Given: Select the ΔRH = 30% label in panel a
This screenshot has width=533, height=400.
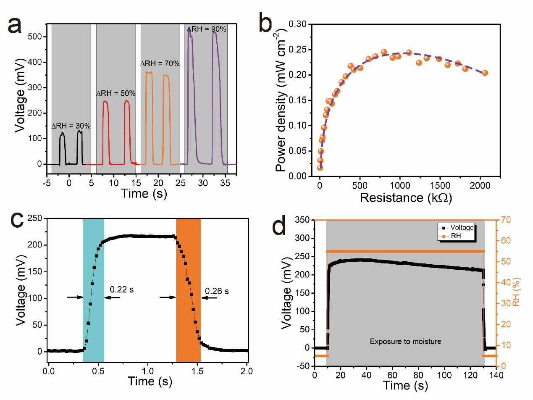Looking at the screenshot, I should click(71, 126).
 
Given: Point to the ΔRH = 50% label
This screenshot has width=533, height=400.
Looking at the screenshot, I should click(116, 93).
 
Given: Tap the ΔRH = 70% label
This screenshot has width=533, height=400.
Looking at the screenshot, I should click(160, 63).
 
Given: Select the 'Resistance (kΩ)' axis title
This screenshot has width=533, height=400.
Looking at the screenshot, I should click(406, 197).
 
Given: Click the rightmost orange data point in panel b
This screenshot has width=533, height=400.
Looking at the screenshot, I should click(485, 73).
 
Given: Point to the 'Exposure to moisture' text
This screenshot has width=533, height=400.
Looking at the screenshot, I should click(405, 342).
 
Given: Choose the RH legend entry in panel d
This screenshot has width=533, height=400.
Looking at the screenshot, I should click(456, 237).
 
